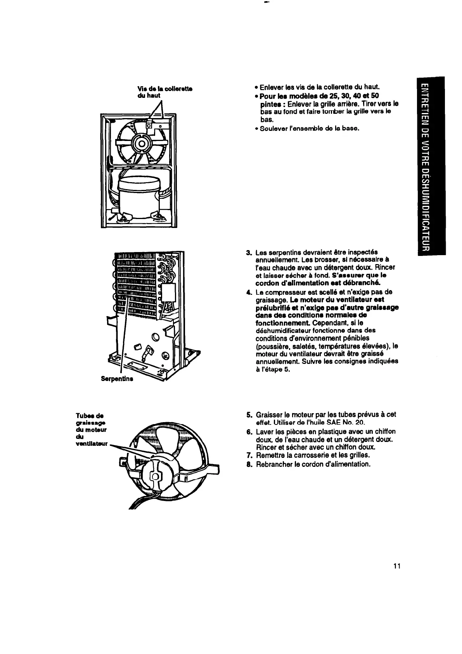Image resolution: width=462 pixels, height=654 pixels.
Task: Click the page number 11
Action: coord(396,565)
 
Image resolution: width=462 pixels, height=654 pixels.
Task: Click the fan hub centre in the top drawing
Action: coord(141,144)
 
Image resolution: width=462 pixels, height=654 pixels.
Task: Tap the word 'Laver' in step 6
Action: coord(264,432)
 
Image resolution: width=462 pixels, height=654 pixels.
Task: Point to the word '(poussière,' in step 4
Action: coord(272,346)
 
